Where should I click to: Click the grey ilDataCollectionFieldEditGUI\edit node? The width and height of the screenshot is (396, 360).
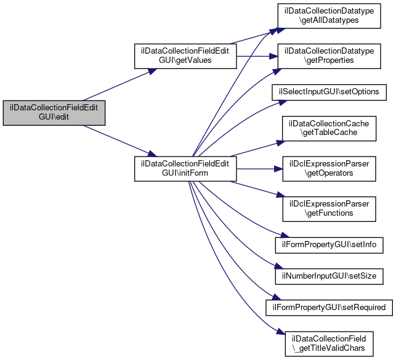(x=54, y=113)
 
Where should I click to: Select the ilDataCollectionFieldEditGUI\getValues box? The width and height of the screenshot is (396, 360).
(x=185, y=56)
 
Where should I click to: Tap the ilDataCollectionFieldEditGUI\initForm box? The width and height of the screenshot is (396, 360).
(x=185, y=169)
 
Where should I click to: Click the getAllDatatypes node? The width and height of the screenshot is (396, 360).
(x=329, y=15)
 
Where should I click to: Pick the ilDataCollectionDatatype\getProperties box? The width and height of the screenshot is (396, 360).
(x=329, y=56)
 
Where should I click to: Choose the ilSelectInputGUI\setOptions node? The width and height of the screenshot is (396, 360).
(x=329, y=92)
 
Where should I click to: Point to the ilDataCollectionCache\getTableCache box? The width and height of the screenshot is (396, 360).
(x=329, y=128)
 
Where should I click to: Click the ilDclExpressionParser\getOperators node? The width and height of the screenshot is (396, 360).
(x=329, y=169)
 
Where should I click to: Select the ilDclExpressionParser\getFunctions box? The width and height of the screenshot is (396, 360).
(x=329, y=209)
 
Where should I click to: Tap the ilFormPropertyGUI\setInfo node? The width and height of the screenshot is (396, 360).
(x=329, y=245)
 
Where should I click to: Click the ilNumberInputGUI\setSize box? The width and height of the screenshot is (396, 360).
(x=329, y=276)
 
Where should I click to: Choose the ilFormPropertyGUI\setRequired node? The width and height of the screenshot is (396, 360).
(x=329, y=308)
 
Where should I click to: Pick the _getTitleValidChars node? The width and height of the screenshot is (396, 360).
(x=329, y=344)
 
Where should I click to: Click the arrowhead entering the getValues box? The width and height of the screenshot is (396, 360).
(x=152, y=72)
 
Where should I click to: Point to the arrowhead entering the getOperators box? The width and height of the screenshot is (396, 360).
(x=278, y=169)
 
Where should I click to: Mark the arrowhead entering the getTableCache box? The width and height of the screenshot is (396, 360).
(x=281, y=143)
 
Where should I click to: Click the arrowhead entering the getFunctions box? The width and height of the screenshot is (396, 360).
(x=281, y=195)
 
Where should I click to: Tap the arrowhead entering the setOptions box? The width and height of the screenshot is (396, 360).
(x=283, y=102)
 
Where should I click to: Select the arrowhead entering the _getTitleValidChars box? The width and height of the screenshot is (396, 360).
(x=281, y=332)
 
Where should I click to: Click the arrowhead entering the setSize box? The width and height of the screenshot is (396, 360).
(x=279, y=266)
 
